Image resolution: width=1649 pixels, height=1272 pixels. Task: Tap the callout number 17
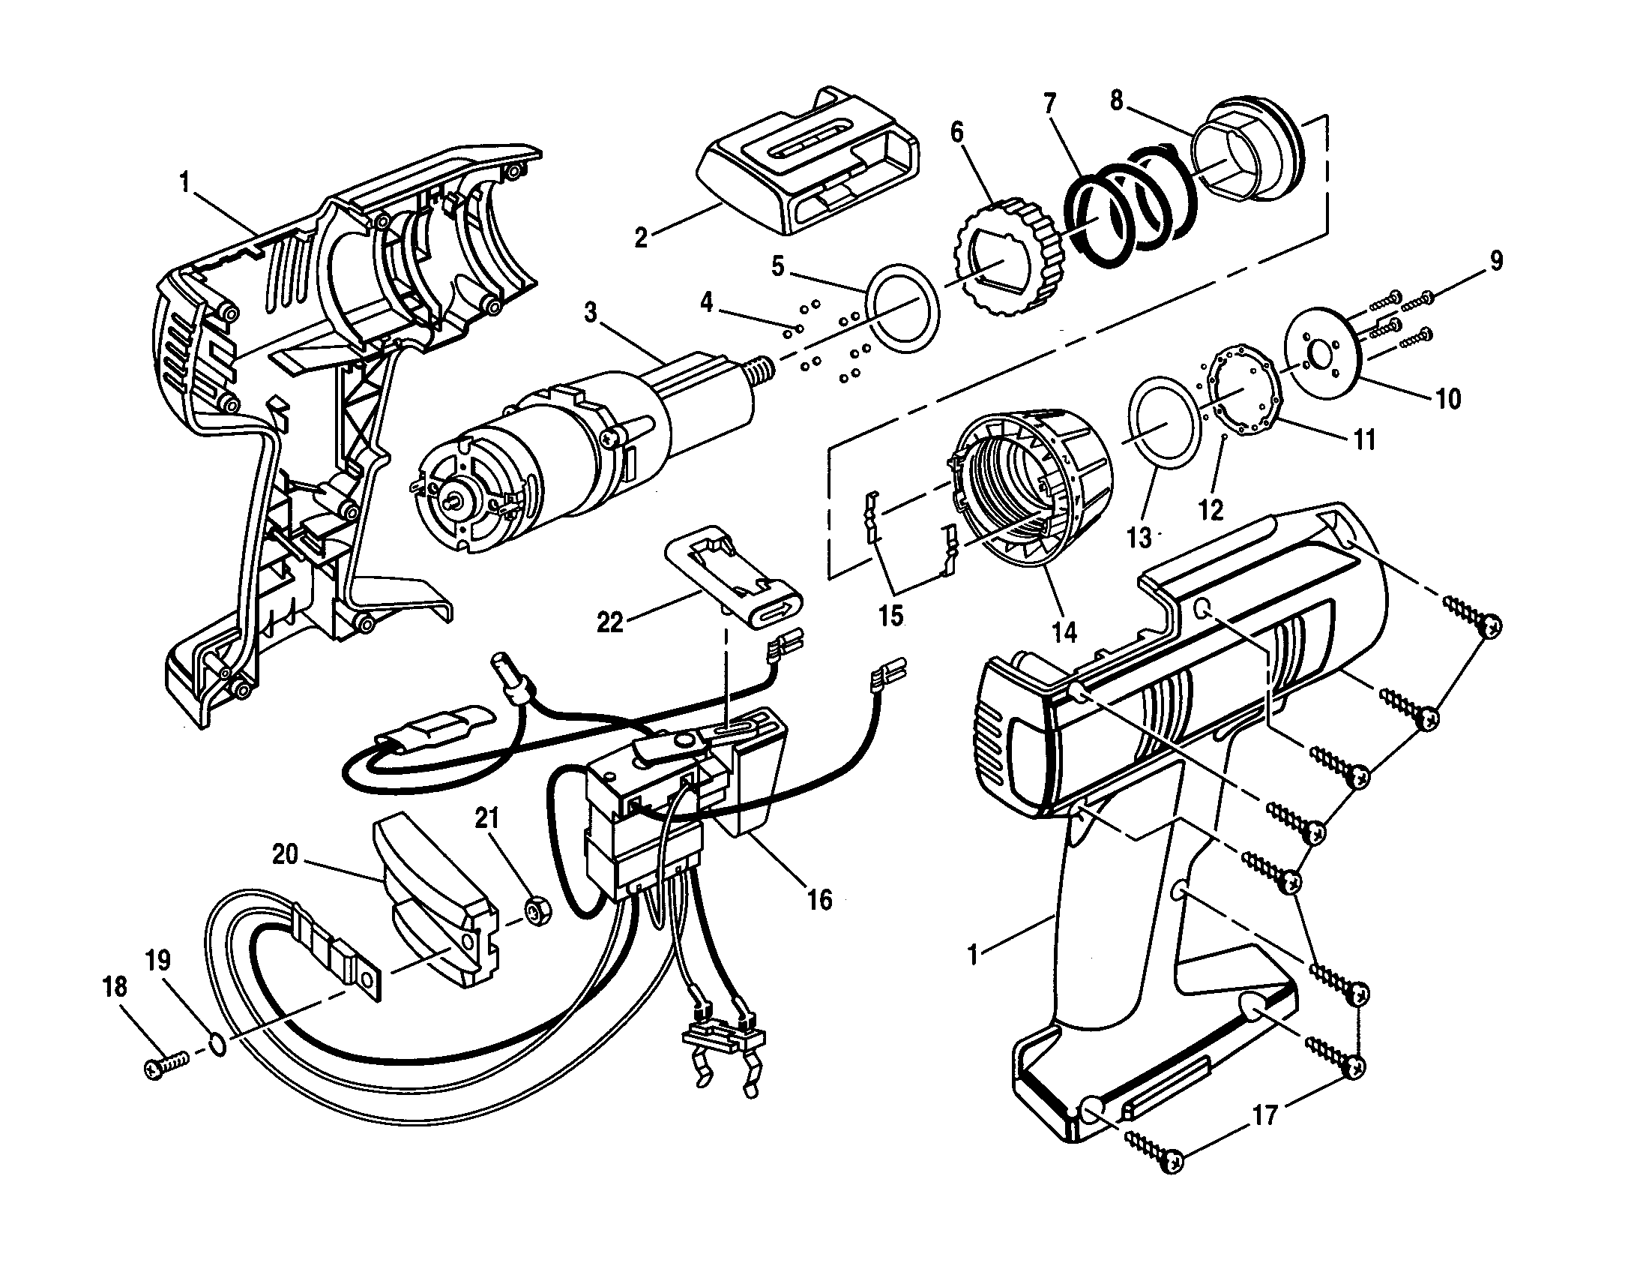click(x=1264, y=1115)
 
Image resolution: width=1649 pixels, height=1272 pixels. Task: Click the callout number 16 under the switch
click(x=819, y=898)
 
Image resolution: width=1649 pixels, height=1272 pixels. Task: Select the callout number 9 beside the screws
click(x=1496, y=259)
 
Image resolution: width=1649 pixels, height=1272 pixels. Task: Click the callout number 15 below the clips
click(x=891, y=616)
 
